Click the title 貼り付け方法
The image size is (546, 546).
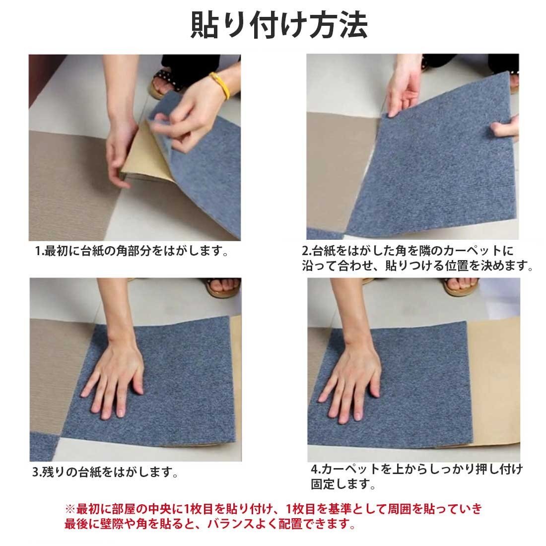coord(279,25)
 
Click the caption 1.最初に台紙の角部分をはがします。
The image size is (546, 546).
coord(132,251)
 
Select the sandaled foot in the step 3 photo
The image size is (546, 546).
coord(223,287)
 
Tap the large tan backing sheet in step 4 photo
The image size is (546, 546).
coord(494,383)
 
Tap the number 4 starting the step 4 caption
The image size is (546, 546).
coord(314,470)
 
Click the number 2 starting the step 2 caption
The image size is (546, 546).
coord(306,251)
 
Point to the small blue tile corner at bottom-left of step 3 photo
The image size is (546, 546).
coord(44,446)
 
